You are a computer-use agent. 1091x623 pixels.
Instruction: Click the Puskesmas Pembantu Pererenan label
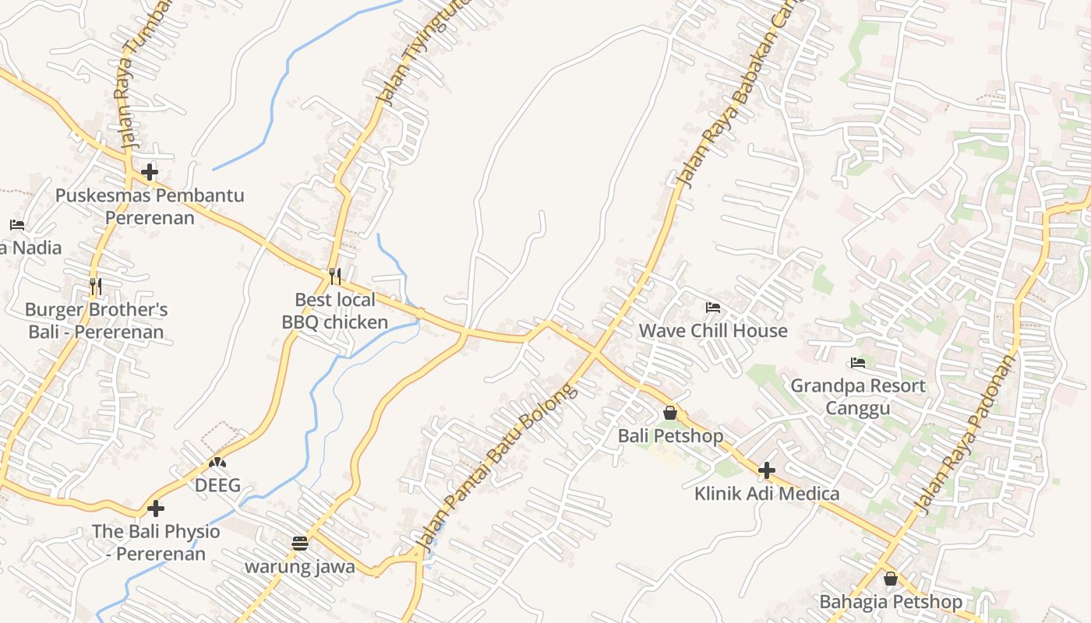[x=150, y=206]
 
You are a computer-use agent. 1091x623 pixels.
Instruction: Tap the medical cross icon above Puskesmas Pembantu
[x=150, y=171]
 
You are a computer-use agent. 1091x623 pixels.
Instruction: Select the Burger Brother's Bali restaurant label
[x=97, y=321]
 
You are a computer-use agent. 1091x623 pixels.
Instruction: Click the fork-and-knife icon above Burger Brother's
[x=96, y=287]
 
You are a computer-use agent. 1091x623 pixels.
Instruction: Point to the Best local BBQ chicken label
[x=335, y=311]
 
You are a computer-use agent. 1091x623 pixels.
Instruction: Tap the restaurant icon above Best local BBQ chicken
[x=335, y=276]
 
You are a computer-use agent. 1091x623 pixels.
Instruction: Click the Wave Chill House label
[x=713, y=331]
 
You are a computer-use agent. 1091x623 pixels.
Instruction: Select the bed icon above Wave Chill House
[x=712, y=308]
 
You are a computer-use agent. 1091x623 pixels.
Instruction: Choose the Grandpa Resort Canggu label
[x=858, y=397]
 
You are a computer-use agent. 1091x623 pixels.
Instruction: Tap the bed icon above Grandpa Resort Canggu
[x=858, y=363]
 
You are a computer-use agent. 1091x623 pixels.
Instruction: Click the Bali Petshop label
[x=670, y=435]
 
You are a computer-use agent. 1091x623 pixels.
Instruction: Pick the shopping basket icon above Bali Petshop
[x=669, y=413]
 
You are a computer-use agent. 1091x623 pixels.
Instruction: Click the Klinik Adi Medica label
[x=767, y=494]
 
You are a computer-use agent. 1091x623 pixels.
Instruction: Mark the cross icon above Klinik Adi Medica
[x=767, y=470]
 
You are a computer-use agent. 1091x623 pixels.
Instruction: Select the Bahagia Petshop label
[x=891, y=602]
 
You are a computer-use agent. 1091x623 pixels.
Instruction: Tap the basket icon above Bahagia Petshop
[x=891, y=579]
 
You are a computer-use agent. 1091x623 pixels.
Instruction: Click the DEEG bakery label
[x=217, y=486]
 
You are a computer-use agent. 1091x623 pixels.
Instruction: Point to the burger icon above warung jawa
[x=300, y=544]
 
